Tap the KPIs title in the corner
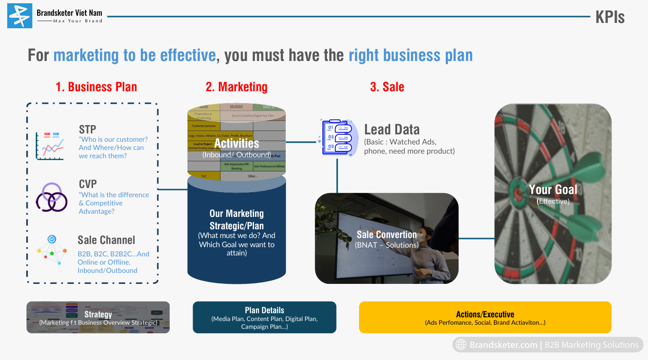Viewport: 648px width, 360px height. pyautogui.click(x=609, y=17)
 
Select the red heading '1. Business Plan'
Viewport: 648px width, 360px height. pyautogui.click(x=96, y=87)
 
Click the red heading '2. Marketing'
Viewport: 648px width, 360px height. pyautogui.click(x=236, y=87)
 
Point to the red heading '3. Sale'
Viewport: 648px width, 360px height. pyautogui.click(x=387, y=87)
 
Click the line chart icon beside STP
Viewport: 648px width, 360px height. pyautogui.click(x=50, y=146)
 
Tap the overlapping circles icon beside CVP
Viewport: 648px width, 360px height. pyautogui.click(x=51, y=197)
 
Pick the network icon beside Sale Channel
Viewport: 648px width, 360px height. pyautogui.click(x=52, y=250)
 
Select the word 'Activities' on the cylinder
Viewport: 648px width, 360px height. pyautogui.click(x=237, y=143)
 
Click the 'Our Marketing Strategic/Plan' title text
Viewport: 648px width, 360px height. pyautogui.click(x=237, y=219)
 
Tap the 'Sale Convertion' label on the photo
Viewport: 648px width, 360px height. pyautogui.click(x=387, y=235)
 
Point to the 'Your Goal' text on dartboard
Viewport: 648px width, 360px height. pyautogui.click(x=553, y=189)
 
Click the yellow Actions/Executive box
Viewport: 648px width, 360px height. pyautogui.click(x=485, y=317)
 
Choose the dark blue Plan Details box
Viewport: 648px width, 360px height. pyautogui.click(x=264, y=317)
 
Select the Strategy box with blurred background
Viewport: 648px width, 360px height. pyautogui.click(x=98, y=317)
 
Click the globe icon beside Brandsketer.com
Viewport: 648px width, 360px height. pyautogui.click(x=461, y=345)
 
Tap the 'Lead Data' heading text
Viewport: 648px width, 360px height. pyautogui.click(x=392, y=129)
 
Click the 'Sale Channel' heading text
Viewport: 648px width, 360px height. pyautogui.click(x=106, y=240)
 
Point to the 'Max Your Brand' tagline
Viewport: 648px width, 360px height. pyautogui.click(x=78, y=21)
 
